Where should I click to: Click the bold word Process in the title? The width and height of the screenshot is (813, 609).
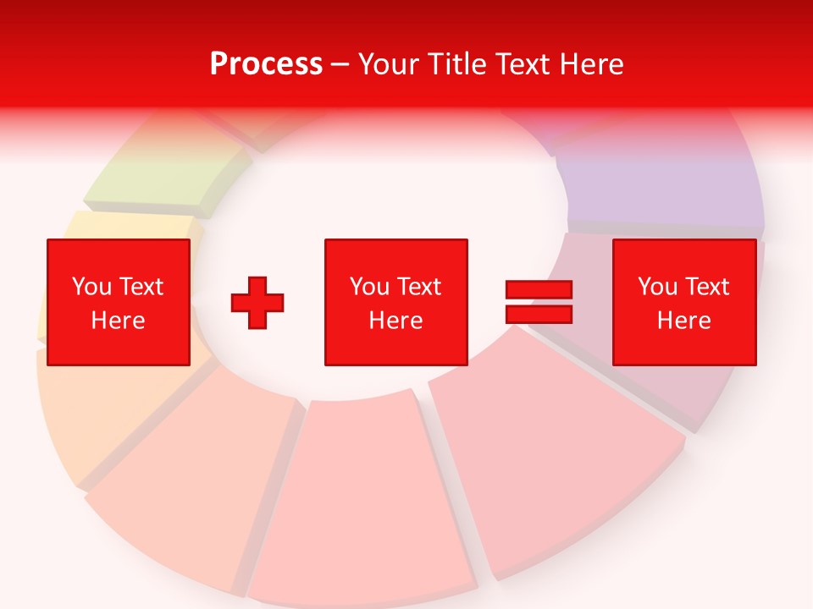[x=266, y=64]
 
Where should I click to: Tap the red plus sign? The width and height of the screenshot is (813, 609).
[x=257, y=302]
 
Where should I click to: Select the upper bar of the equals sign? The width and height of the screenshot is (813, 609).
[x=539, y=290]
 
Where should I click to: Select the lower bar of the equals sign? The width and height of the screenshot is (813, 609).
[x=539, y=314]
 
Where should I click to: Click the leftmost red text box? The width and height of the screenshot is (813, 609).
[x=118, y=302]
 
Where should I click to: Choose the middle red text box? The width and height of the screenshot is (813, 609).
[x=395, y=302]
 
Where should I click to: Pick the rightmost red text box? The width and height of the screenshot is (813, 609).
[x=683, y=302]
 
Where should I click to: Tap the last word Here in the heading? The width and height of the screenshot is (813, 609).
[x=592, y=64]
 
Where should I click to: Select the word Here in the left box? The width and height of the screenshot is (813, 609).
[x=118, y=321]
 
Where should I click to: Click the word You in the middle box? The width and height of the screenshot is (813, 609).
[x=369, y=287]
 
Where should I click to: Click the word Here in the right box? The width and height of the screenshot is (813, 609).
[x=683, y=321]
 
